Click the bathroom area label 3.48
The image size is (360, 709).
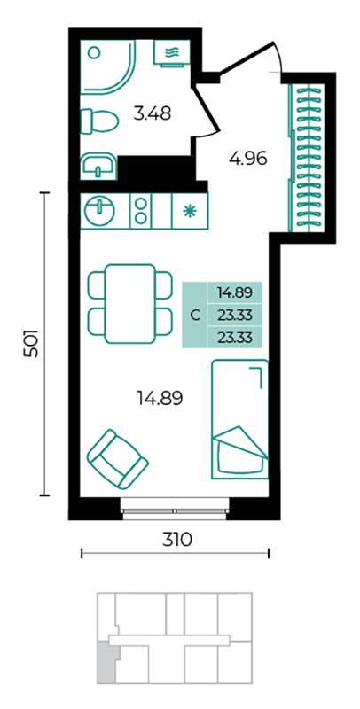[x=153, y=113]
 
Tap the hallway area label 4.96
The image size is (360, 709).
[x=248, y=159]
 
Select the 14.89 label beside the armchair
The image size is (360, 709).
[x=160, y=398]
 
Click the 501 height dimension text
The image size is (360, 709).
[x=31, y=344]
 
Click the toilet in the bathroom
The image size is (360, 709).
[x=99, y=121]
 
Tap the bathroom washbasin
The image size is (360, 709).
[x=98, y=166]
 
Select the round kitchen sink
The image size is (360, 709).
[x=98, y=210]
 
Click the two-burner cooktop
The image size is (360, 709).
[x=141, y=210]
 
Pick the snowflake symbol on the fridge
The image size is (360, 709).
[x=190, y=211]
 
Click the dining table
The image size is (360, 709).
[x=130, y=303]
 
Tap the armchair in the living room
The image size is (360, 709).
[x=118, y=459]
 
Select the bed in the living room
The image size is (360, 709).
[x=240, y=419]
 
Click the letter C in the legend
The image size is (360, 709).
[x=194, y=316]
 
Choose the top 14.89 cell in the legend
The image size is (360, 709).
[x=234, y=292]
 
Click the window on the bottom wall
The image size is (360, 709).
[x=176, y=509]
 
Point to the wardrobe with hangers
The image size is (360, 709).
[x=307, y=158]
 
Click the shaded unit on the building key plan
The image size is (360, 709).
[x=107, y=664]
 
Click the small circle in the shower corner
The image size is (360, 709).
[x=94, y=53]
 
